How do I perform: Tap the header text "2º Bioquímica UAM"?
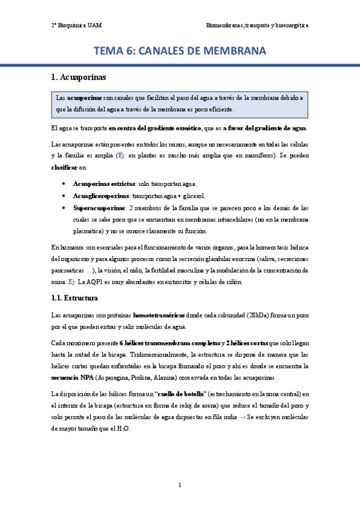click(x=77, y=26)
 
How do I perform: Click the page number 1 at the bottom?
click(x=180, y=485)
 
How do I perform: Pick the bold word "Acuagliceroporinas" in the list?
click(x=100, y=195)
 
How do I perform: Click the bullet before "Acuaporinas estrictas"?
click(x=64, y=183)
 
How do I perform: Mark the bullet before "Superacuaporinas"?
click(x=64, y=207)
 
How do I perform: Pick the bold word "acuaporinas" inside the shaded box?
click(x=84, y=97)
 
